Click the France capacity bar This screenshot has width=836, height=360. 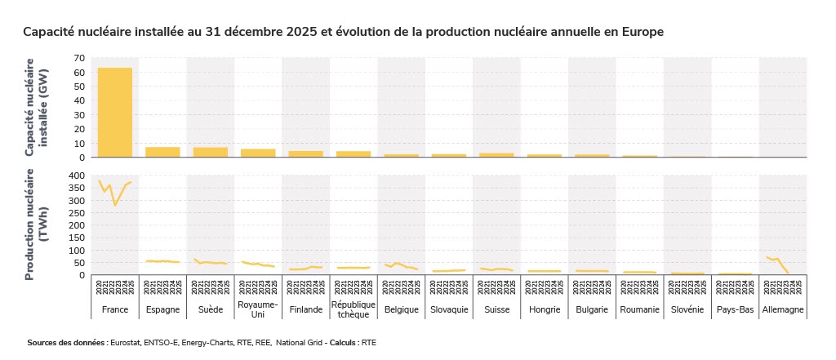115,113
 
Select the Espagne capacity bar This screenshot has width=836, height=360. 162,152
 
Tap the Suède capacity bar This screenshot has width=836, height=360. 210,152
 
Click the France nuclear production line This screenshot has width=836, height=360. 115,204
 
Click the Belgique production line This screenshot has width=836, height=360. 400,265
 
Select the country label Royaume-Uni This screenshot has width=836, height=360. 257,309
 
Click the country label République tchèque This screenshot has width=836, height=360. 353,309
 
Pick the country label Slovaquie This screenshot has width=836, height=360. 448,309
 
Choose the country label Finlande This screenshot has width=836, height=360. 305,309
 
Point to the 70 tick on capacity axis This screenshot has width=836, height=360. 79,58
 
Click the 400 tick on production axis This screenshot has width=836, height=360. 76,176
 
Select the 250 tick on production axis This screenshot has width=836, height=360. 76,213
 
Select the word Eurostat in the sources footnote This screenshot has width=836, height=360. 127,344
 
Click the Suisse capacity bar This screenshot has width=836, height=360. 496,154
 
